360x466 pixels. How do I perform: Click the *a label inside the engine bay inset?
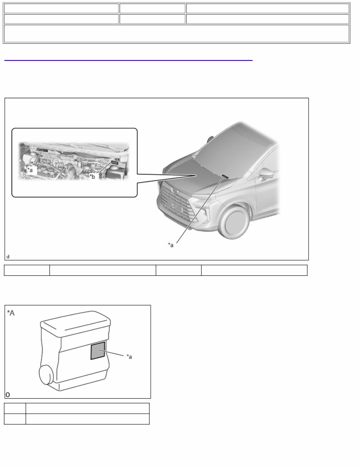(x=30, y=170)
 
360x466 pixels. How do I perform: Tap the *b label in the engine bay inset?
(x=92, y=177)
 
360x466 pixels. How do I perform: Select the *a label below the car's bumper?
(x=171, y=245)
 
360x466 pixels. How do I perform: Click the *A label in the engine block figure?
(x=11, y=313)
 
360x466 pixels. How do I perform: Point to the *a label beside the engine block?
(x=130, y=357)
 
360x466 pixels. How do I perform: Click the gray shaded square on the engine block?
(x=98, y=350)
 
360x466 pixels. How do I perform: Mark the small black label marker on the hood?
(x=225, y=176)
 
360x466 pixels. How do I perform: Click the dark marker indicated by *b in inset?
(x=114, y=163)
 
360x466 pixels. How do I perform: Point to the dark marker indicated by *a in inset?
(x=42, y=150)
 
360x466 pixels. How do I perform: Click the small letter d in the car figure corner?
(x=8, y=256)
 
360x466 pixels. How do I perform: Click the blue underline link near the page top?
(x=128, y=60)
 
